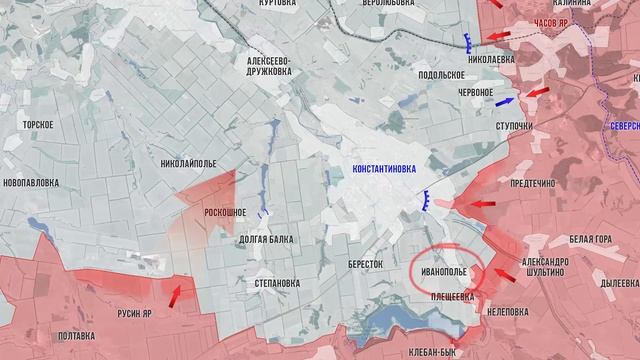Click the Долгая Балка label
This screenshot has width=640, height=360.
(266, 240)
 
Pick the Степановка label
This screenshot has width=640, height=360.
(271, 283)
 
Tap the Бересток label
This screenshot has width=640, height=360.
(366, 264)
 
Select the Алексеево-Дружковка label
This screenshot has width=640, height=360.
(269, 66)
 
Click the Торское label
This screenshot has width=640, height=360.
(40, 125)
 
